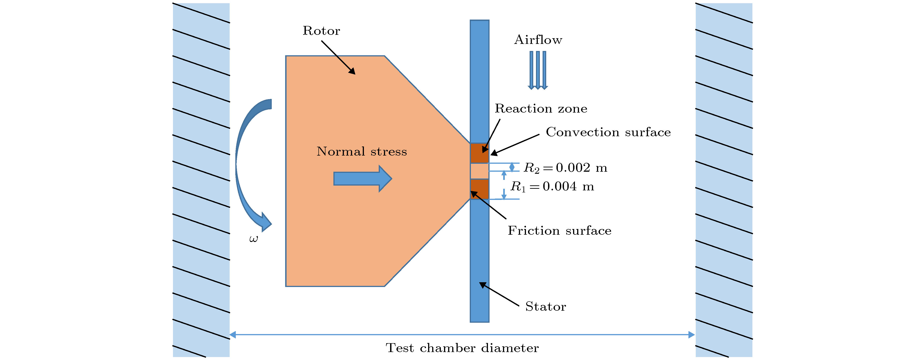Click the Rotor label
[321, 31]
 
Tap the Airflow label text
[538, 40]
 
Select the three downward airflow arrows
[538, 70]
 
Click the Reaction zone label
[541, 108]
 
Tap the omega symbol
[253, 239]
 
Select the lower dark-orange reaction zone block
[479, 189]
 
